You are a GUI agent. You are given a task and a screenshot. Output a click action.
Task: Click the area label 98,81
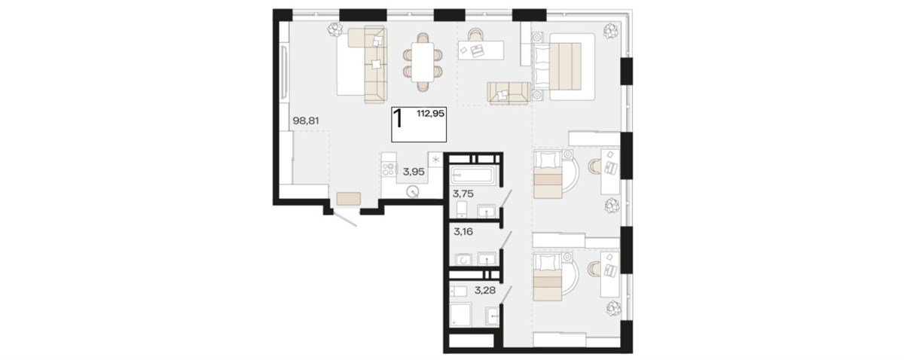[306, 121]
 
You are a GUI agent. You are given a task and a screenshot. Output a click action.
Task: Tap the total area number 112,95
[431, 114]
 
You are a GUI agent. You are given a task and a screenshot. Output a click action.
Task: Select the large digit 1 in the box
[399, 119]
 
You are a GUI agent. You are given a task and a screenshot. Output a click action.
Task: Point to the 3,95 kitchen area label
[414, 172]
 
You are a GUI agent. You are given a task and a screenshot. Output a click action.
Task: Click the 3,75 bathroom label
[463, 194]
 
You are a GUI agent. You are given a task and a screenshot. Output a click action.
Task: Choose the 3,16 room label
[463, 232]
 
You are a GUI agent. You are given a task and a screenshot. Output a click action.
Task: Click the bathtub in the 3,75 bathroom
[472, 175]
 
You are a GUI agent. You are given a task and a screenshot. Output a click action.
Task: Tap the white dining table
[423, 63]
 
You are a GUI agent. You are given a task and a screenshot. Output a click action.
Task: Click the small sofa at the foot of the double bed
[509, 93]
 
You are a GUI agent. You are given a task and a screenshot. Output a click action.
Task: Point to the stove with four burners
[105, 169]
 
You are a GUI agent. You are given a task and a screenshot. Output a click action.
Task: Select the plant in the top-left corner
[334, 29]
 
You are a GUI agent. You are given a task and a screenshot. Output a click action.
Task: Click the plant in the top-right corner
[611, 31]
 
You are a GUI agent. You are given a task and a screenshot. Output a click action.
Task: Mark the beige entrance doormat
[349, 199]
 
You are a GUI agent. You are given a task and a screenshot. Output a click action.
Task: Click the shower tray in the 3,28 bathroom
[460, 314]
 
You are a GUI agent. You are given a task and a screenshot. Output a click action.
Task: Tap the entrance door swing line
[344, 219]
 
